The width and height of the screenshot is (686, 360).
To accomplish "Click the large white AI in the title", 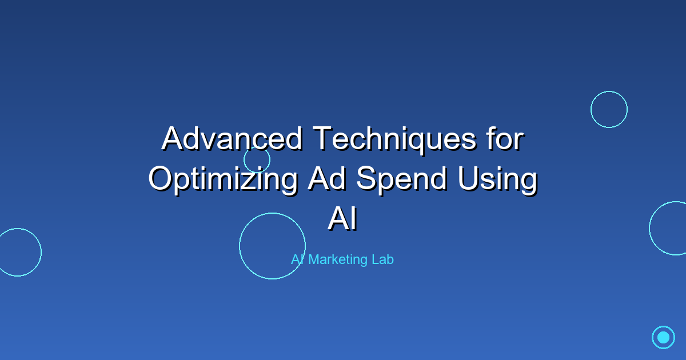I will (343, 219).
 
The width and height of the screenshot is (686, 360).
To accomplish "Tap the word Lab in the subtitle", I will (382, 259).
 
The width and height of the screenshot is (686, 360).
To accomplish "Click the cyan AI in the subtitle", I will (297, 259).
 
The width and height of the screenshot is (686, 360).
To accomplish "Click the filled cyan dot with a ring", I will (663, 337).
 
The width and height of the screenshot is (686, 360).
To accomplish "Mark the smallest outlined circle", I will (257, 159).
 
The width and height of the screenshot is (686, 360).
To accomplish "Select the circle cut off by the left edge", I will (18, 252).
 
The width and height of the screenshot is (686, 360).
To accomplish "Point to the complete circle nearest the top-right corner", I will (609, 109).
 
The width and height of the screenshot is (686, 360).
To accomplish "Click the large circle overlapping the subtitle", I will (272, 246).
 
